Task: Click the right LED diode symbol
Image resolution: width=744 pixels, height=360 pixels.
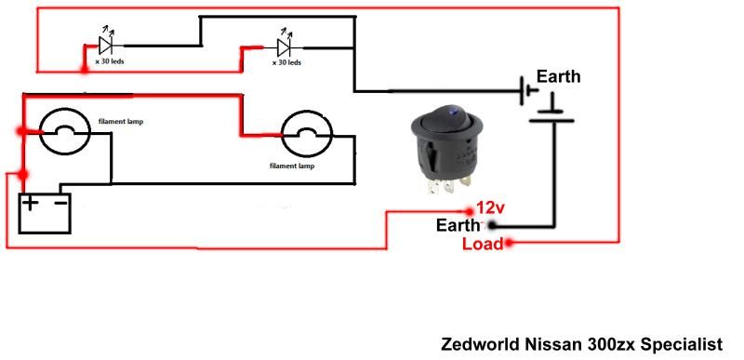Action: coord(285,44)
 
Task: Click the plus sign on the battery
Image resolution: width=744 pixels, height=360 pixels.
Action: coord(33,203)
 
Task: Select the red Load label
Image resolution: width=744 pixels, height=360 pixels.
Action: coord(482,244)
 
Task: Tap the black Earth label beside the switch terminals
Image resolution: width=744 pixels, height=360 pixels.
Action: coord(459,225)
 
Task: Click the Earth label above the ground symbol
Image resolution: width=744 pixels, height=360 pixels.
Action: coord(558,77)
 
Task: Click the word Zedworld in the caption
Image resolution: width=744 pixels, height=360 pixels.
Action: coord(476,343)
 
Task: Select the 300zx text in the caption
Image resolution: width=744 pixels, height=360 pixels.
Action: coord(611,343)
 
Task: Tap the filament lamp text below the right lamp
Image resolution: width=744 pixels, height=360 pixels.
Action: coord(291,166)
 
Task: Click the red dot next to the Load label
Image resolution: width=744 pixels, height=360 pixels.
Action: coord(509,244)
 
